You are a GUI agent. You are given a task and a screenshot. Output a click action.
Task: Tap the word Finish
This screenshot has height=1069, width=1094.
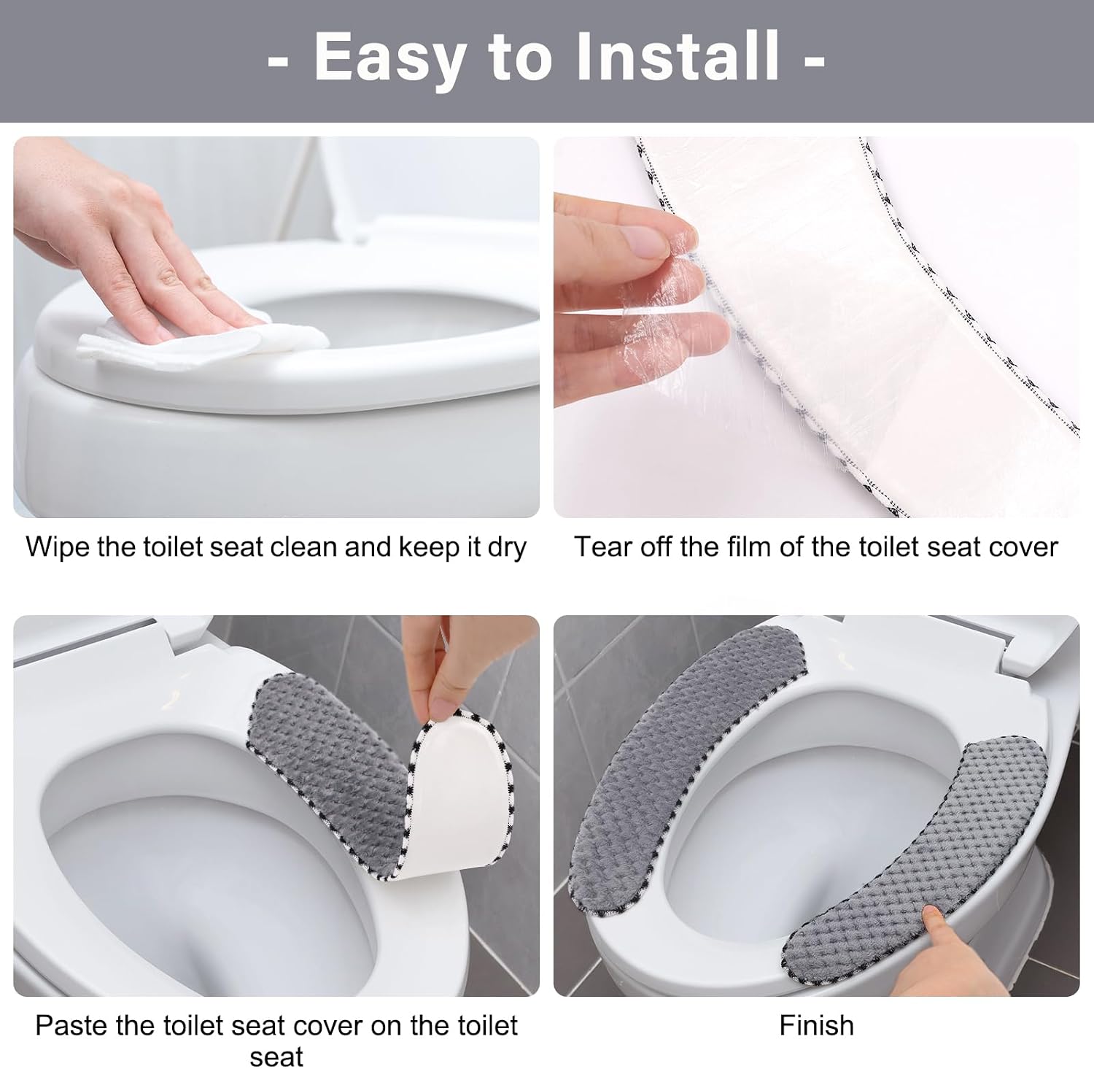pyautogui.click(x=816, y=1025)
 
